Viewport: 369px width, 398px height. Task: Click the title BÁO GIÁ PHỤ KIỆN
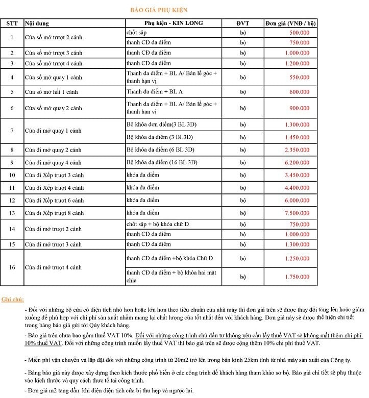click(x=155, y=10)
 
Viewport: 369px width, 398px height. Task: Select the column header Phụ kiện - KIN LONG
click(x=173, y=23)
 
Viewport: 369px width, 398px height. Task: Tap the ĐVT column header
click(x=242, y=23)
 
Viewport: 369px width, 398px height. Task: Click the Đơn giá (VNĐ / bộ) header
click(x=290, y=23)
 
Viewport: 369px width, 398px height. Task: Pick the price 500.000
click(x=299, y=32)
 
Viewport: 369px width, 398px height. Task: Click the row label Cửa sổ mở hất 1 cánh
click(x=53, y=92)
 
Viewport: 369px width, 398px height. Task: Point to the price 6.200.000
click(x=297, y=162)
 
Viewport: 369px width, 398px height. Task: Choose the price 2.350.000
click(x=297, y=150)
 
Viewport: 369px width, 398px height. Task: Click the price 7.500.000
click(x=297, y=213)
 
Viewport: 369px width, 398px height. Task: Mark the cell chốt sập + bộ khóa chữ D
click(x=158, y=224)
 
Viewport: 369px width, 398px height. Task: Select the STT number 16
click(x=12, y=267)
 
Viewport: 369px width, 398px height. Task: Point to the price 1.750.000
click(x=297, y=277)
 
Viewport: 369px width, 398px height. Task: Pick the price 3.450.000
click(x=297, y=175)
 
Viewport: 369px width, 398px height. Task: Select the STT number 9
click(x=12, y=162)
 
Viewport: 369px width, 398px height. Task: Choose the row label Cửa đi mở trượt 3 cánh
click(x=53, y=244)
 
